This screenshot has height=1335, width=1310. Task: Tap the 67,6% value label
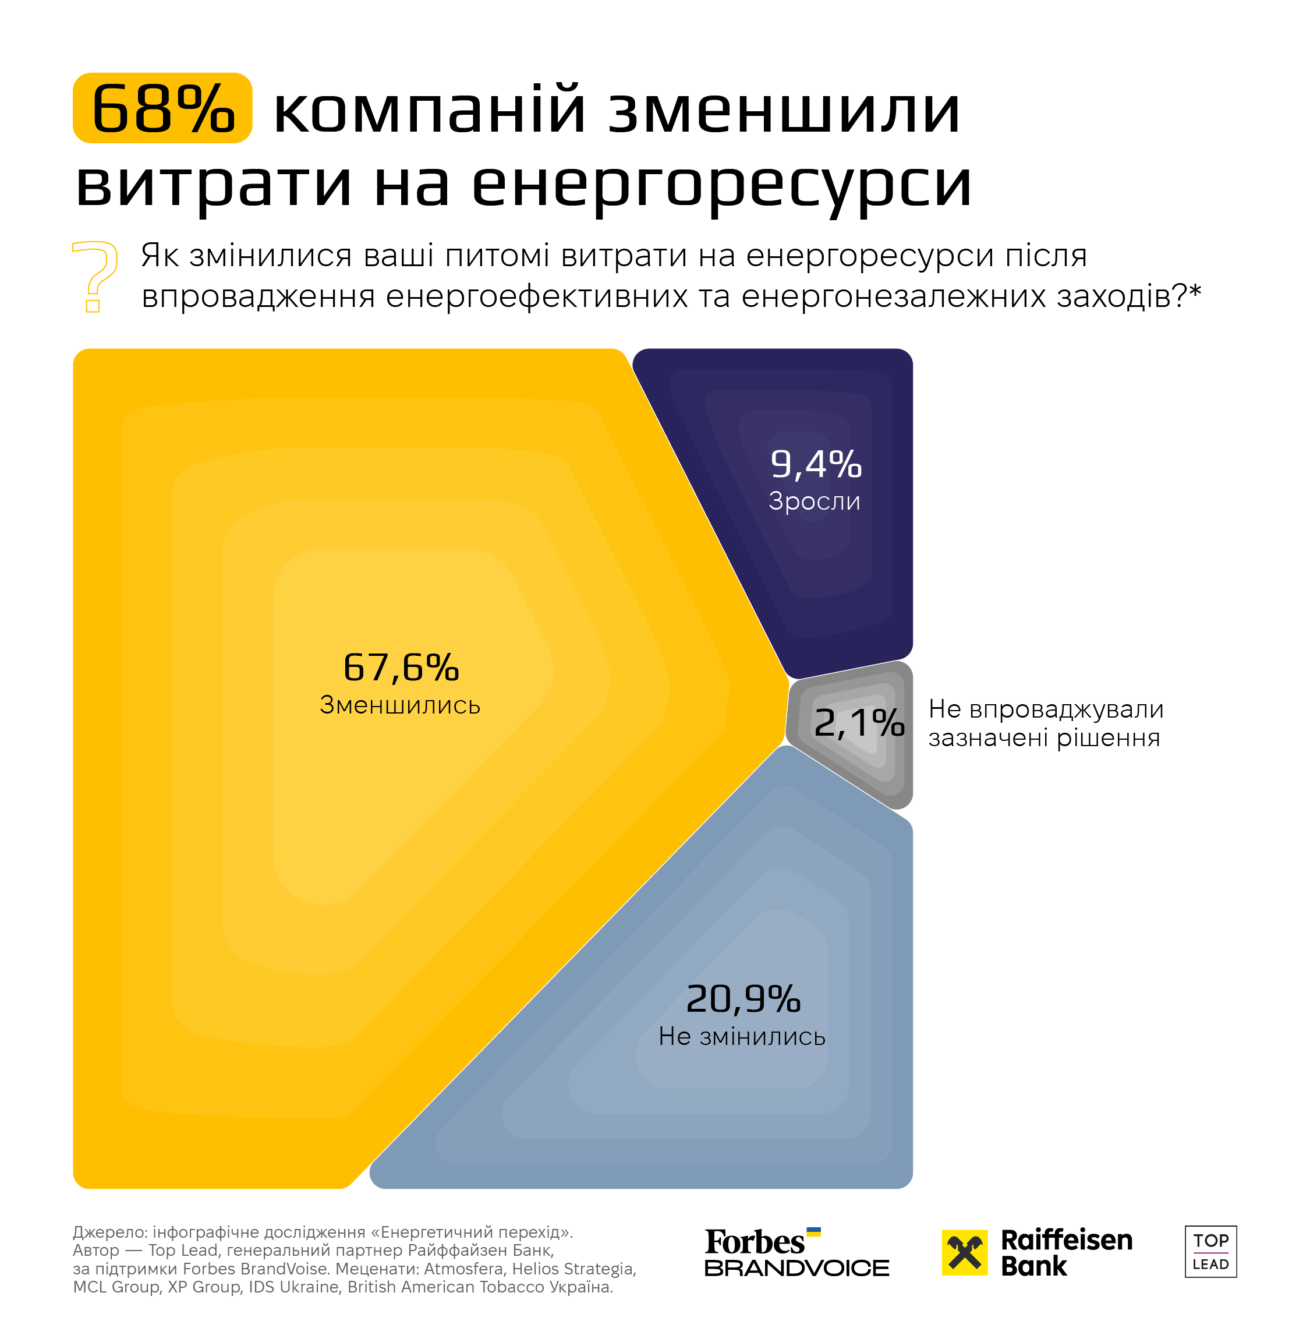(x=401, y=667)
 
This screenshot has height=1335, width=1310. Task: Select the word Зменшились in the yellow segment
(x=400, y=705)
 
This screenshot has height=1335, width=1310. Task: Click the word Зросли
(x=815, y=501)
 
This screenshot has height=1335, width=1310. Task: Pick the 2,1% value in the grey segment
(x=859, y=723)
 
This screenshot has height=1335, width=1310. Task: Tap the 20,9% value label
(x=743, y=998)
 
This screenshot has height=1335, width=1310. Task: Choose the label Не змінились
(x=742, y=1036)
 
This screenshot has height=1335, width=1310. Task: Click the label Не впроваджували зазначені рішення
(x=1045, y=723)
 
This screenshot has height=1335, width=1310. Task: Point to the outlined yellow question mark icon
(x=95, y=276)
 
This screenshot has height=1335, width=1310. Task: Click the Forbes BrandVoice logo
(x=796, y=1252)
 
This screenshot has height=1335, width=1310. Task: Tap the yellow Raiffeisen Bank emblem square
(x=964, y=1252)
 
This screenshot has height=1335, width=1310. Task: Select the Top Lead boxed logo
(x=1210, y=1252)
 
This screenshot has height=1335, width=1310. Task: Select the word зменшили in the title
(x=784, y=110)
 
